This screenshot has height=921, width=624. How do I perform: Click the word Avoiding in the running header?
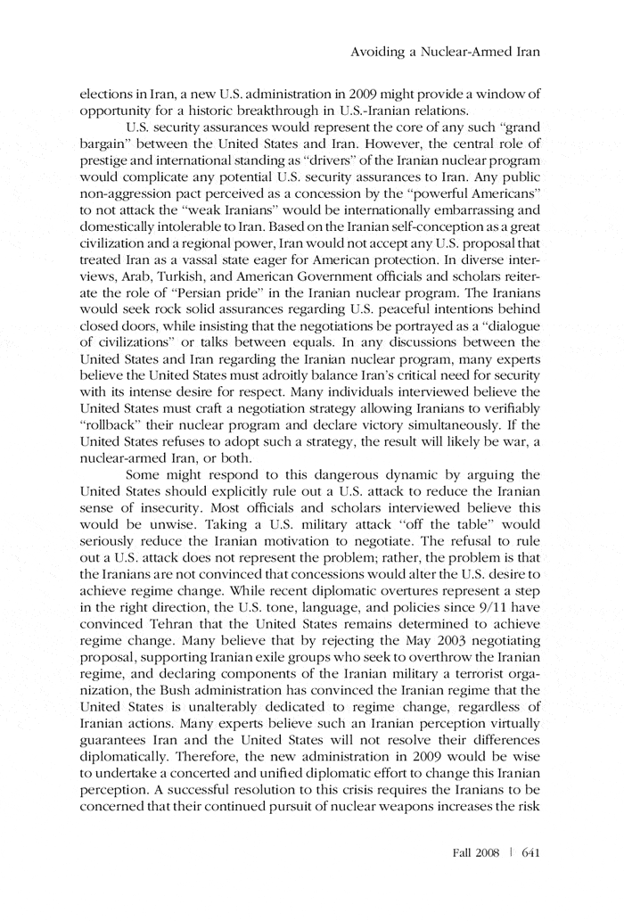pyautogui.click(x=379, y=53)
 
